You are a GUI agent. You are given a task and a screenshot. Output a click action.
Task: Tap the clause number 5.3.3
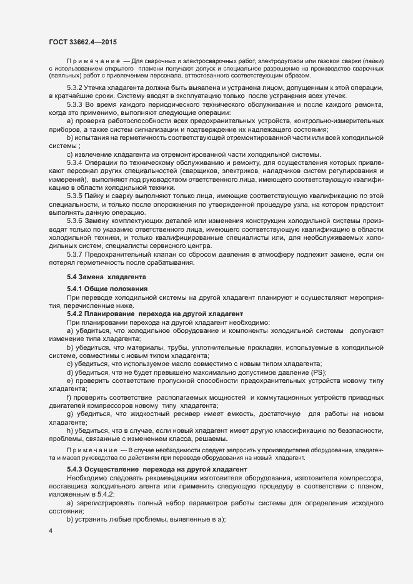click(75, 103)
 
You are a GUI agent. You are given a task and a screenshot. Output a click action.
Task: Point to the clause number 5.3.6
click(75, 220)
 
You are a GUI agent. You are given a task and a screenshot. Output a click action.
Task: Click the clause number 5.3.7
click(75, 254)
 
